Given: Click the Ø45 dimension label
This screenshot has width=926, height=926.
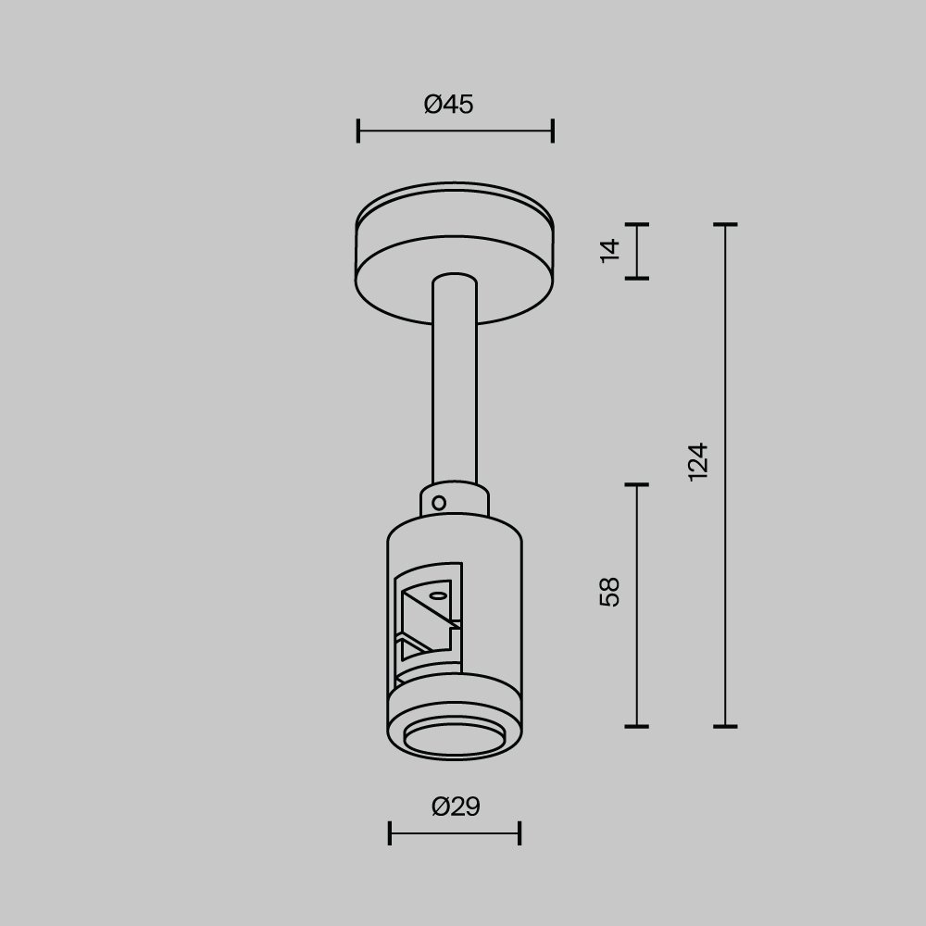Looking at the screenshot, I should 449,105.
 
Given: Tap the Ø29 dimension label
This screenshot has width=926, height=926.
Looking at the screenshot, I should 456,807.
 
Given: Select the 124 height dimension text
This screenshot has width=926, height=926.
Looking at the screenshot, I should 699,460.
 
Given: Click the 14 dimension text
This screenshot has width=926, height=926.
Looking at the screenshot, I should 609,250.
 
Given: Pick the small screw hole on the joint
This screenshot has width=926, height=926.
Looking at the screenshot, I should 440,504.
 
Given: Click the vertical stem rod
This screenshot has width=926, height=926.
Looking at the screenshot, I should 455,389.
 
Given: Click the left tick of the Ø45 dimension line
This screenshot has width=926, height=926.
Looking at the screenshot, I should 358,131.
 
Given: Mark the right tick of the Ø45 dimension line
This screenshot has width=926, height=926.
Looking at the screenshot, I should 553,131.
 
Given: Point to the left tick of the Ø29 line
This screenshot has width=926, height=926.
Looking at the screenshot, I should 390,832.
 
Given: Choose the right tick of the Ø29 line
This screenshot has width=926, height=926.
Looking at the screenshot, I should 519,832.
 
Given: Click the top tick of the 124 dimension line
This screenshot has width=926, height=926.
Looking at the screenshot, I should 724,224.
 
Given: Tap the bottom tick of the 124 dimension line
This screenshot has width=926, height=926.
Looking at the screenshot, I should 724,726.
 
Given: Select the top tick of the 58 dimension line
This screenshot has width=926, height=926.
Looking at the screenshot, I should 636,484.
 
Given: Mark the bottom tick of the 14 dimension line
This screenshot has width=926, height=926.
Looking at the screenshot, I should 636,277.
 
